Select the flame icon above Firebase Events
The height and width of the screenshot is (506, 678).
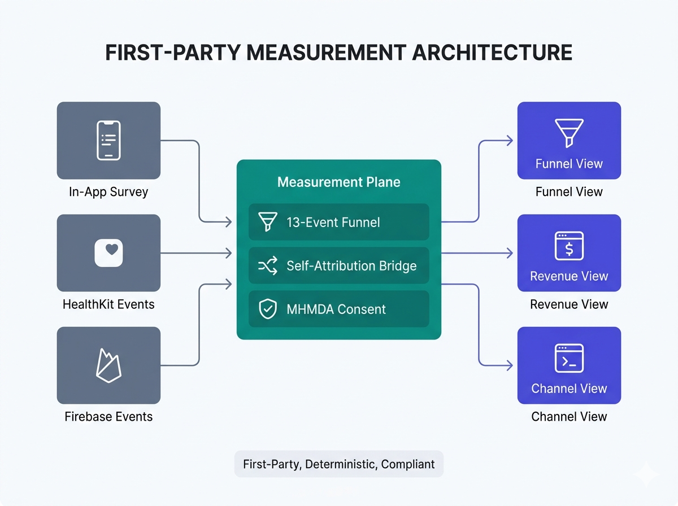tap(108, 364)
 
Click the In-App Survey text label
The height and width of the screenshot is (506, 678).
tap(108, 192)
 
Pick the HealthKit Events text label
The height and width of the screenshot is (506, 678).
tap(108, 304)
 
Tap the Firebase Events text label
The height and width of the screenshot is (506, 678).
tap(108, 417)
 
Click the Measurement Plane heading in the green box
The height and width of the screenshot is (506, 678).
tap(338, 182)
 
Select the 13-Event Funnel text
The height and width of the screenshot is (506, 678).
tap(333, 223)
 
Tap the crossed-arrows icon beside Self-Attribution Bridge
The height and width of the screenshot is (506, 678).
tap(267, 265)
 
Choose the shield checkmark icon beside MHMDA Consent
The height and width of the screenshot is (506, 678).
tap(267, 309)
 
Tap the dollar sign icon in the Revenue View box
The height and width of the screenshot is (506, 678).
tap(569, 247)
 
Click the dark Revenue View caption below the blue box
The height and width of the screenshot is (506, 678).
tap(569, 304)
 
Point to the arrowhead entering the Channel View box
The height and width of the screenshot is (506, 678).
tap(510, 365)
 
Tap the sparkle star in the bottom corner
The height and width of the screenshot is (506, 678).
tap(646, 475)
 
